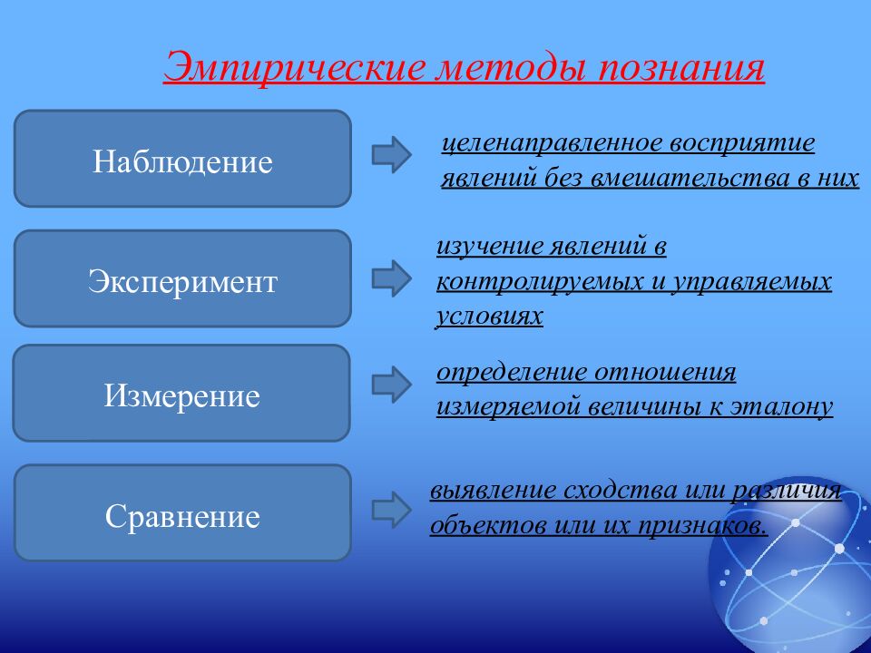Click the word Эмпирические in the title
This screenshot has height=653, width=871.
[x=296, y=68]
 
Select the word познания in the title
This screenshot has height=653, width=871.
[x=681, y=68]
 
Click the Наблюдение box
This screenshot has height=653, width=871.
[x=182, y=159]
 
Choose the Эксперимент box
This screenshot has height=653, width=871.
[x=182, y=278]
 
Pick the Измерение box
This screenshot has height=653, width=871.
[x=181, y=393]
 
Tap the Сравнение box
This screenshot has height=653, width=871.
[x=182, y=513]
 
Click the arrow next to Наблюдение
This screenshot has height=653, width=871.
[x=392, y=154]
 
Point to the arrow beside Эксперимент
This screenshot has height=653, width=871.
[x=392, y=278]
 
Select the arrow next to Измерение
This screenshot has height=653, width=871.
[x=392, y=385]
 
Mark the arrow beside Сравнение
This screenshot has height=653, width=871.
[x=392, y=509]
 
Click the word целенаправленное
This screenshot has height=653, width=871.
[x=553, y=143]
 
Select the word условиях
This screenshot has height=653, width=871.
[x=489, y=317]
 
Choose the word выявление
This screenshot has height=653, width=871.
[x=493, y=491]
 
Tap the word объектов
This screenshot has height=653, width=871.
[x=487, y=525]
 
